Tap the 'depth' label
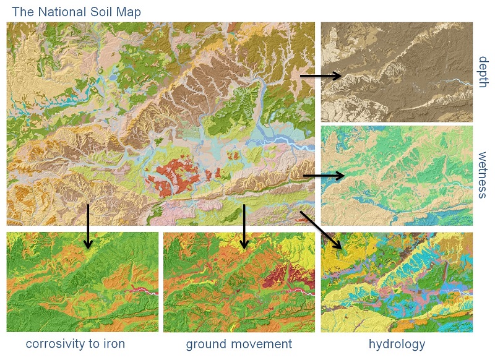tap(483, 72)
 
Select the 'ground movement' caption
tap(239, 344)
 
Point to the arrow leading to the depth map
tap(321, 76)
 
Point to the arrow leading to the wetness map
tap(323, 176)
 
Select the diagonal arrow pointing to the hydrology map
tap(321, 229)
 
